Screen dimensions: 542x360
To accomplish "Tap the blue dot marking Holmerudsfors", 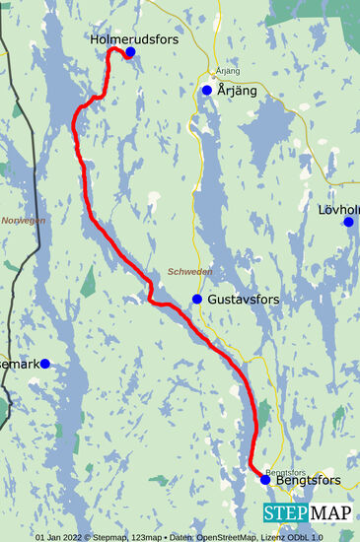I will pos(130,51).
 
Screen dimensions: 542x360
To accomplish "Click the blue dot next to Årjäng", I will pos(207,91).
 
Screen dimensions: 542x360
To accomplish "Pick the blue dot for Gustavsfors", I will pos(197,299).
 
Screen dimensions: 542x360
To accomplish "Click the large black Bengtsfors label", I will pos(309,480).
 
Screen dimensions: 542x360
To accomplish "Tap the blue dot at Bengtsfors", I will pos(264,480).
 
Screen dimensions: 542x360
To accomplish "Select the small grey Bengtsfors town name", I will pos(281,471).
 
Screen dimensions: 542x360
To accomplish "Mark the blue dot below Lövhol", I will pos(348,222).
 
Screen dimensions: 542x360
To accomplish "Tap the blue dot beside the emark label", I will pos(44,364).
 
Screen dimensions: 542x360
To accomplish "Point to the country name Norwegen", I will pos(24,221).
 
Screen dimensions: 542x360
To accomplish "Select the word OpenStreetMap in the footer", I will pos(227,537).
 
